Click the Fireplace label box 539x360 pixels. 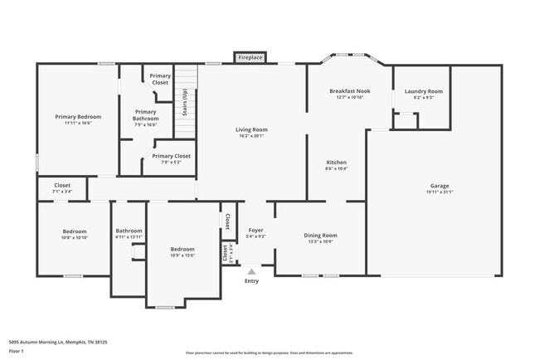(x=250, y=57)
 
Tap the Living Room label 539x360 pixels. (x=251, y=129)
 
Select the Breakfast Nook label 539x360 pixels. (x=348, y=90)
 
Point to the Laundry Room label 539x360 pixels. (x=423, y=90)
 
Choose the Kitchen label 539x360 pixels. (x=336, y=162)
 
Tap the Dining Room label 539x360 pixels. (x=320, y=235)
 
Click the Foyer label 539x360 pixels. (x=256, y=230)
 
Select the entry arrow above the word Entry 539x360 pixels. (x=251, y=271)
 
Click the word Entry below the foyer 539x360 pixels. (x=251, y=280)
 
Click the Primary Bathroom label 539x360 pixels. (x=145, y=115)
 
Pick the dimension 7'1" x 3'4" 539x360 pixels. (x=62, y=192)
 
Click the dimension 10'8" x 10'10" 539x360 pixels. (x=75, y=237)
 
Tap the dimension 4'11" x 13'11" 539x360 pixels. (x=129, y=237)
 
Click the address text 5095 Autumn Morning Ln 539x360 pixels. (x=41, y=341)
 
